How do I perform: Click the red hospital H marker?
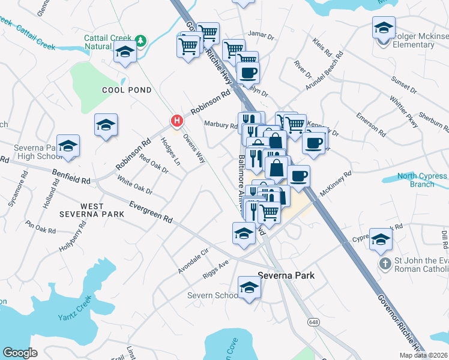click(176, 121)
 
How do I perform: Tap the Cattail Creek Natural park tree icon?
click(140, 41)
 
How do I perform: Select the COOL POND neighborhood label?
click(127, 90)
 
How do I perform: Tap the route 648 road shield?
click(315, 322)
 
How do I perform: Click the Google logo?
click(20, 352)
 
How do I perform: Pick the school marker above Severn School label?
click(249, 288)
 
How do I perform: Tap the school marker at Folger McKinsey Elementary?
click(384, 28)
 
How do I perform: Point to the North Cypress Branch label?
click(424, 180)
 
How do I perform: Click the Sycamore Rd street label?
click(25, 185)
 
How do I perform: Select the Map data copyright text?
click(423, 355)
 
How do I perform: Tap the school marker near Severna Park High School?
click(68, 148)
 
